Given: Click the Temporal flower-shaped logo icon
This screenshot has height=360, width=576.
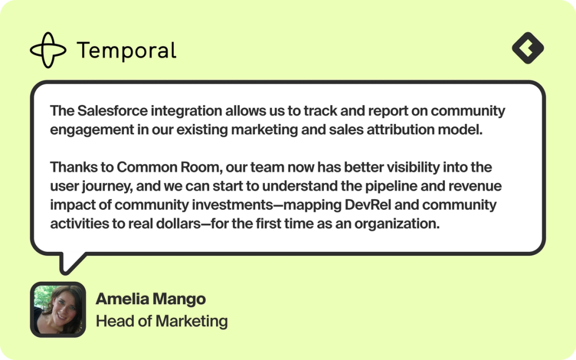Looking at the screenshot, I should tap(48, 50).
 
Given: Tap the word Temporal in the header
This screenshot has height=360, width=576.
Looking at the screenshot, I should tap(127, 51).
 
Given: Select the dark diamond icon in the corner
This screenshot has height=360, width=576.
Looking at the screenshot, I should tap(528, 48).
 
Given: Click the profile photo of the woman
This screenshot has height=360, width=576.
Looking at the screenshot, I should tap(57, 309).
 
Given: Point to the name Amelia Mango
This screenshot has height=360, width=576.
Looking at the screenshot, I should tap(151, 299).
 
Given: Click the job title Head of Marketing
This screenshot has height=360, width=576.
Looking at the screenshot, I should tap(161, 321).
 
